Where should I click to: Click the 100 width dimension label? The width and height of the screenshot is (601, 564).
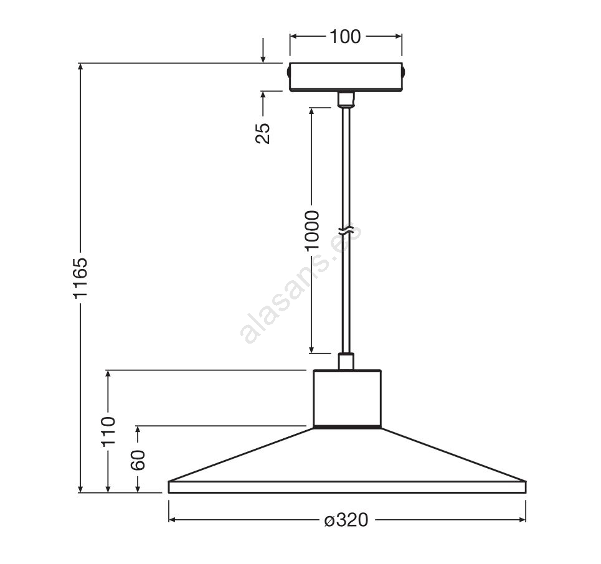click(x=345, y=37)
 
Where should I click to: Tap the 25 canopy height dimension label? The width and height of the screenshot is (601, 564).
click(x=263, y=133)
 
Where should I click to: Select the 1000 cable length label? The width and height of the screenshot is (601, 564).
click(x=312, y=230)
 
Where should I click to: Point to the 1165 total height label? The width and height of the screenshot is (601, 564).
click(x=81, y=278)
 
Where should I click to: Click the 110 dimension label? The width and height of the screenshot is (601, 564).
click(x=108, y=431)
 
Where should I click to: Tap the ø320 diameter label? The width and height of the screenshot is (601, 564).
click(x=346, y=520)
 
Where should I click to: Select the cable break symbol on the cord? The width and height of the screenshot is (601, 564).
click(x=346, y=231)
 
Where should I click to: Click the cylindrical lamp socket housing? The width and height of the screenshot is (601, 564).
click(x=348, y=398)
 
